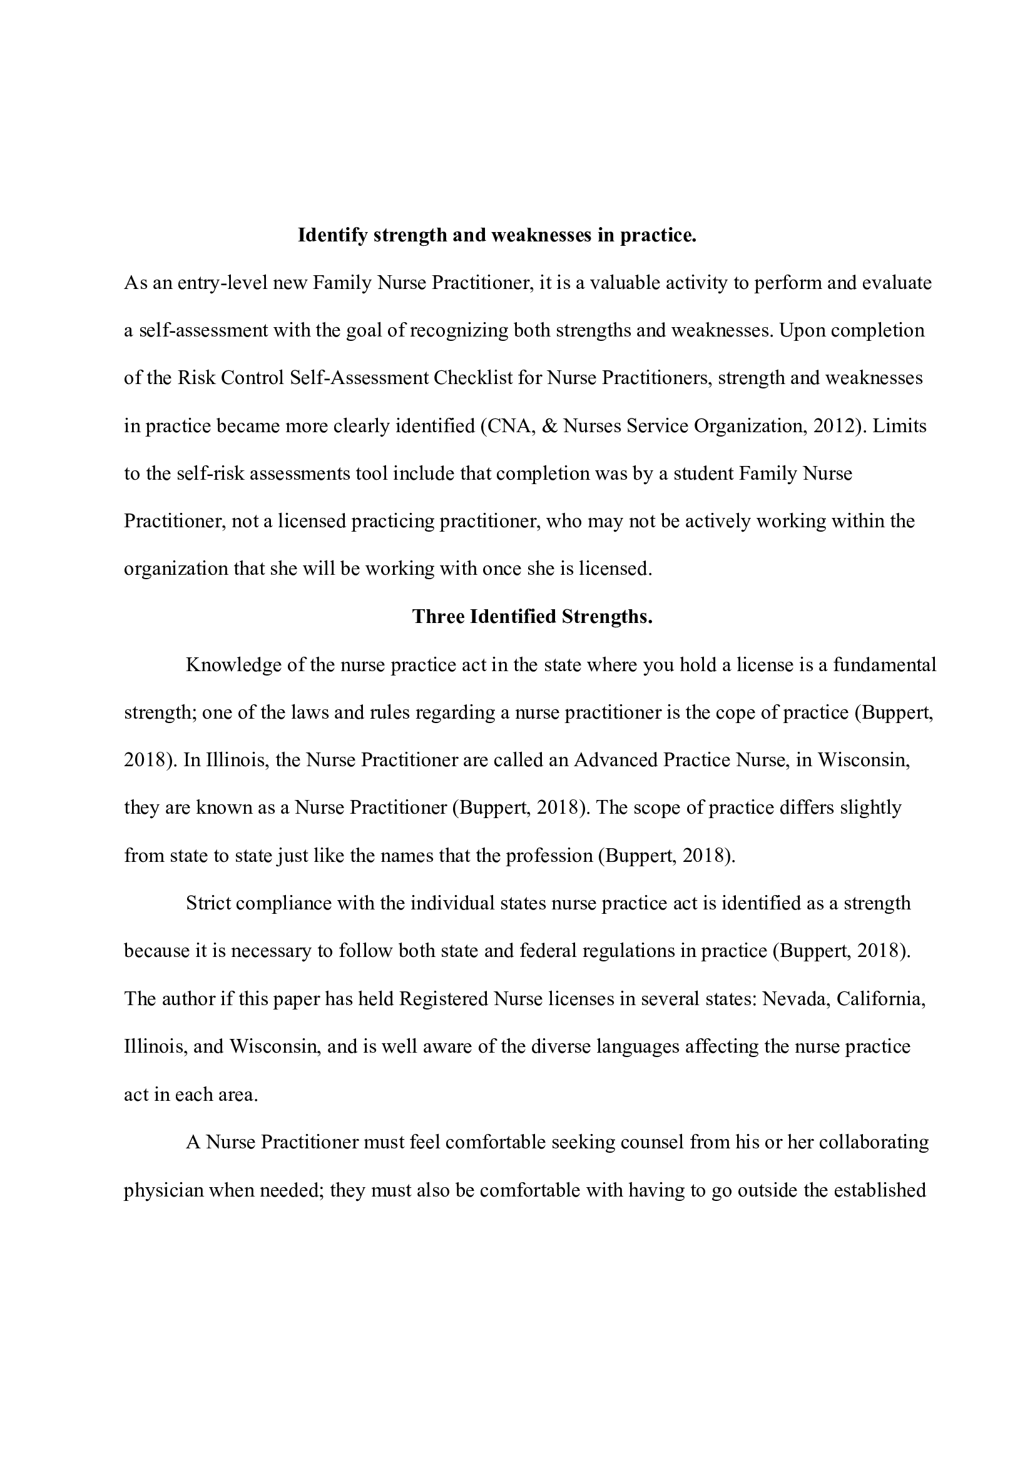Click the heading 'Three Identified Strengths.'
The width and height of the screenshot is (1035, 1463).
point(532,617)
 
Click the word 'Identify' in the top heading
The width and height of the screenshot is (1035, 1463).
point(333,236)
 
